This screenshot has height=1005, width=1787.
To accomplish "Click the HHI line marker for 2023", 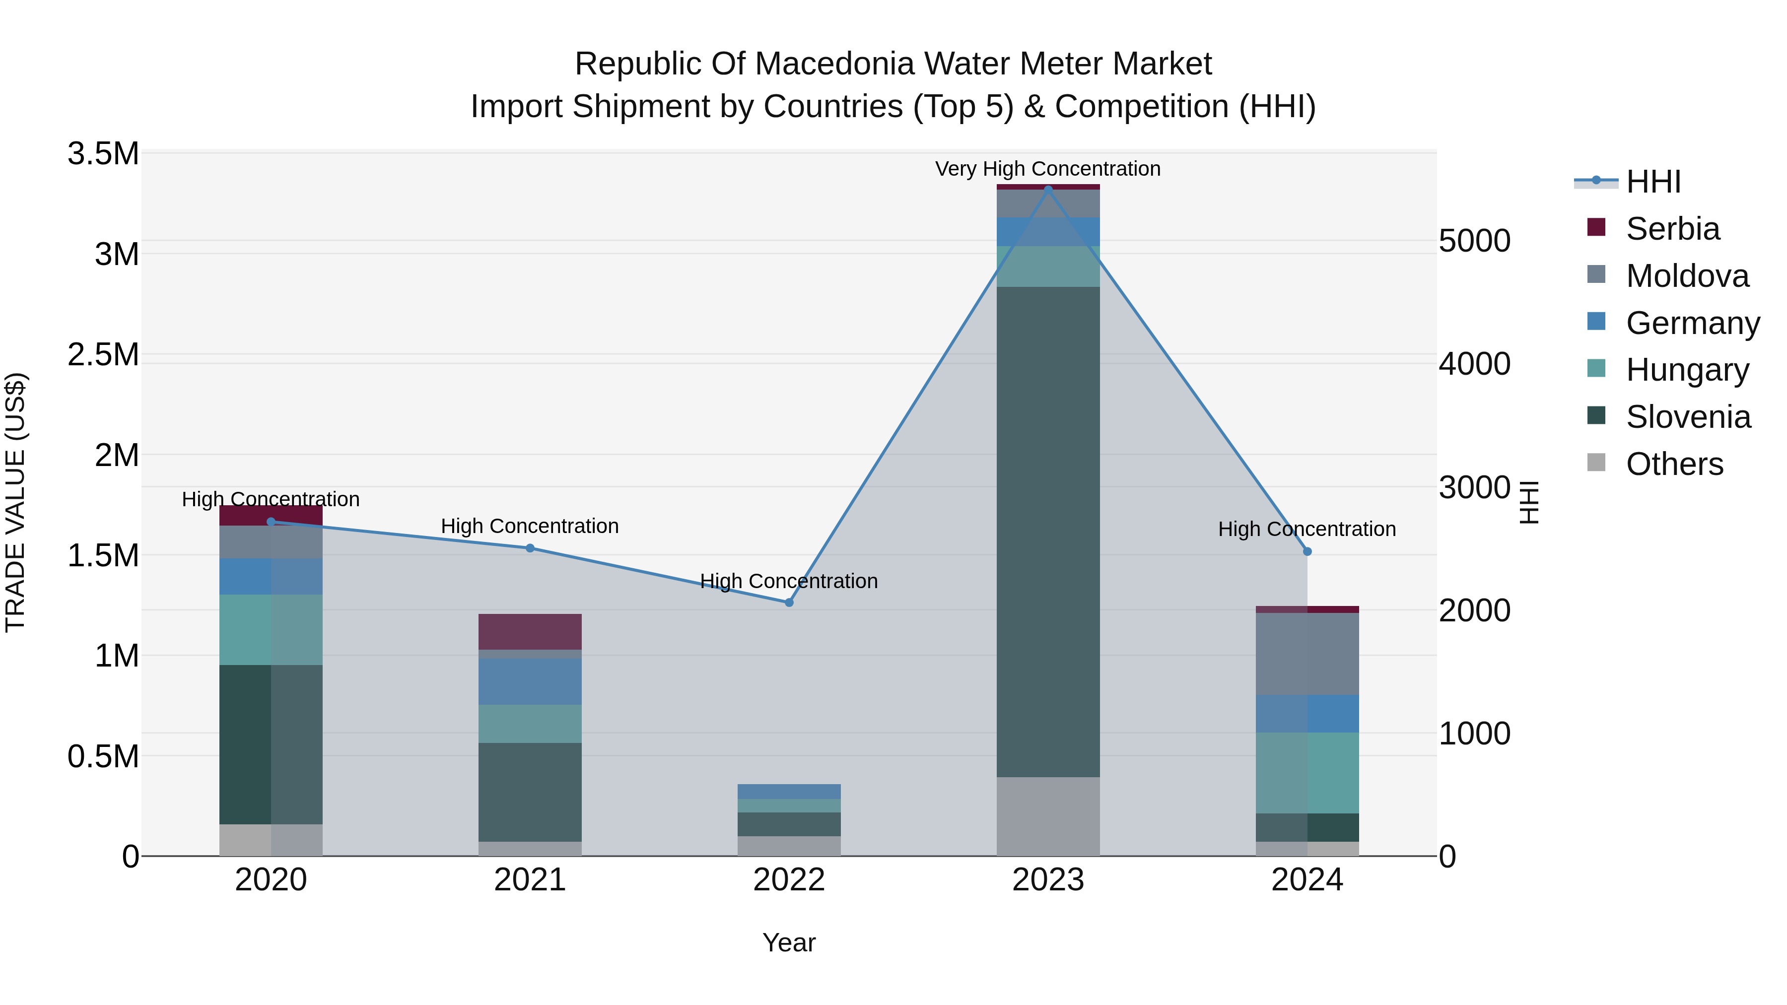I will [1048, 189].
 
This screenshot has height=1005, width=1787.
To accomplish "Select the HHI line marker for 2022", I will [789, 603].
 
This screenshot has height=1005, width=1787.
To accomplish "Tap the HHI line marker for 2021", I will [530, 548].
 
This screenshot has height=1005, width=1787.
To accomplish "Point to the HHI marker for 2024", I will [1307, 551].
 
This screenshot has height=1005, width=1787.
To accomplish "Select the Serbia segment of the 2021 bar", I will [530, 632].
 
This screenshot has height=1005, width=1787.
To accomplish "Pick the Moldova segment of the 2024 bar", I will [1307, 654].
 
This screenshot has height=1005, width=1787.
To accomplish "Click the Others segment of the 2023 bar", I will [1048, 816].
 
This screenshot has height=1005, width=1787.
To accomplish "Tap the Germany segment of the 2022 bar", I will [789, 792].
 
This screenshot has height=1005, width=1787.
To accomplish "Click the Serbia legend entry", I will [1672, 229].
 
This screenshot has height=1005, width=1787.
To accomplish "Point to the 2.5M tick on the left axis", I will [103, 354].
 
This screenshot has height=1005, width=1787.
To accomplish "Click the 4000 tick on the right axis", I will [1474, 364].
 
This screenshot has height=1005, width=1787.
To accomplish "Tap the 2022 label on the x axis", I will [789, 880].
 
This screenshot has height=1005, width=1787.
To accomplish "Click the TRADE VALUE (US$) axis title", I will [15, 502].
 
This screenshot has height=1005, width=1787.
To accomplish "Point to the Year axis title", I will [789, 942].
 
